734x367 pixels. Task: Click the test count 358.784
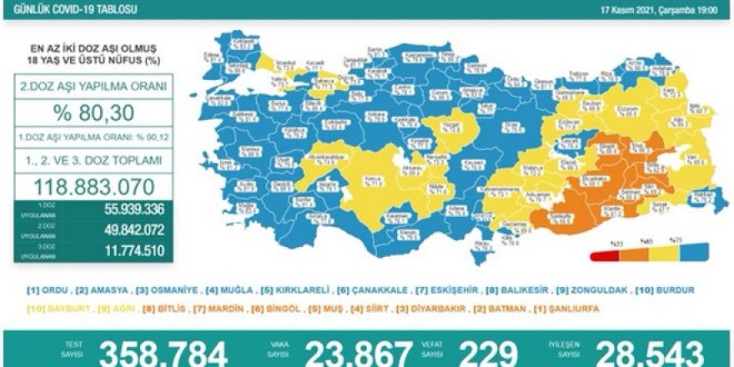(163, 353)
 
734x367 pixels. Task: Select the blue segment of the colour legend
(696, 255)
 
